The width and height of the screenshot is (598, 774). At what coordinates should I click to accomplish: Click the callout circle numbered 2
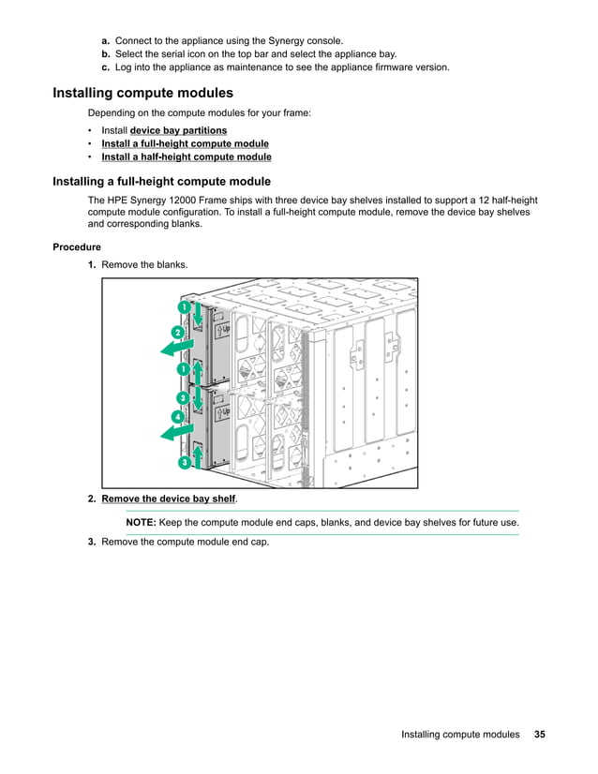tap(177, 333)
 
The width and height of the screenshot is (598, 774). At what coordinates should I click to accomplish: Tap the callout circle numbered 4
tap(177, 415)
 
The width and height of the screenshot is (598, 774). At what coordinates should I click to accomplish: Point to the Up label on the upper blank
tap(223, 329)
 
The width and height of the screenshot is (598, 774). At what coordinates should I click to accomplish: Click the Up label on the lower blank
tap(223, 411)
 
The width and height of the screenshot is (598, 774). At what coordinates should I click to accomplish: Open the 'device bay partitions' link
tap(178, 130)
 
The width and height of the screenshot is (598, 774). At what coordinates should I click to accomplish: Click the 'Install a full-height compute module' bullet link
tap(185, 143)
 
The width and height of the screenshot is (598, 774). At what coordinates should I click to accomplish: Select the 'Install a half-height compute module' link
tap(186, 156)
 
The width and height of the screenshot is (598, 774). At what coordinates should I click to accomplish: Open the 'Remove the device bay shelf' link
tap(168, 499)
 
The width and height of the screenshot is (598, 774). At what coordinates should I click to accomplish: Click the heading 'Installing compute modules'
tap(142, 93)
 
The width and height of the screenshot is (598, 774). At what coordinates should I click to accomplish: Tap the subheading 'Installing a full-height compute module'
tap(161, 182)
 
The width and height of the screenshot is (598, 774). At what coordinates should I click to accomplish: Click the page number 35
tap(540, 735)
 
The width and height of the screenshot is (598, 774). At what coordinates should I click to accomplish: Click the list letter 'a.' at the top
tap(106, 41)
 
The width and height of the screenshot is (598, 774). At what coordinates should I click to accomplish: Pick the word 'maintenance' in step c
tap(246, 67)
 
